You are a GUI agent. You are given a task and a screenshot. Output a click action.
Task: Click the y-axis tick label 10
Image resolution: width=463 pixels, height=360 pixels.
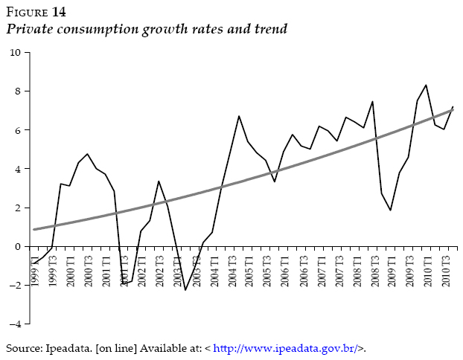[x=15, y=52]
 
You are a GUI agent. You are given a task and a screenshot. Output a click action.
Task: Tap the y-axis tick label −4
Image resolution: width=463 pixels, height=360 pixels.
[x=15, y=324]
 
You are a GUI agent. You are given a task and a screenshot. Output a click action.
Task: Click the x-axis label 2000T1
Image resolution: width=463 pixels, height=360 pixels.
[x=71, y=270]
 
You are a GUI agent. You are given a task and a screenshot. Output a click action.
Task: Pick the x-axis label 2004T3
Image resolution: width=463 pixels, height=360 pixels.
[x=232, y=270]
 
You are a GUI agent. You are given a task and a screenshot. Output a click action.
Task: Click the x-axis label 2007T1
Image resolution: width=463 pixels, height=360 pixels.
[x=322, y=270]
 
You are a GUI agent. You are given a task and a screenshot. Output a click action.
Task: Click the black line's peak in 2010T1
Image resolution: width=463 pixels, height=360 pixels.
[x=425, y=85]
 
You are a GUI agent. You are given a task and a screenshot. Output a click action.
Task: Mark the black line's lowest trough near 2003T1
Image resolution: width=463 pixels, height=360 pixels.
[x=185, y=289]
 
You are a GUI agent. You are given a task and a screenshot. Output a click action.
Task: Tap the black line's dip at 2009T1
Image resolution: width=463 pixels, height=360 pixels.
[x=389, y=210]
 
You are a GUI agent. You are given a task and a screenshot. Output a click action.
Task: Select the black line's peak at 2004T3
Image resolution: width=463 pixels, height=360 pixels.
[x=238, y=116]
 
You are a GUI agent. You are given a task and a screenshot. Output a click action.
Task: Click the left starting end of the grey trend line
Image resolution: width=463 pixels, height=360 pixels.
[x=34, y=229]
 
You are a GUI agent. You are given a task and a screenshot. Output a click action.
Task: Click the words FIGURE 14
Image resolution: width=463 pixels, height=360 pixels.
[x=35, y=12]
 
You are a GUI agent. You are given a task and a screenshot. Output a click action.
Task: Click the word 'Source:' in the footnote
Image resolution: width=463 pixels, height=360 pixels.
[x=22, y=348]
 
